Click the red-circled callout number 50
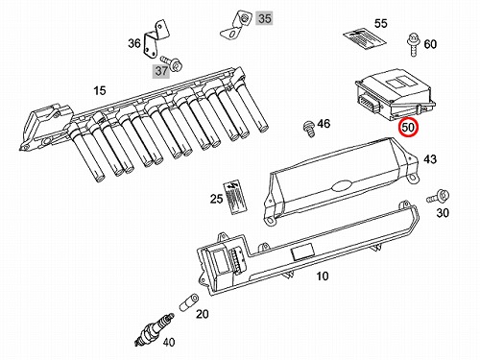click(408, 127)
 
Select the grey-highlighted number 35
click(264, 18)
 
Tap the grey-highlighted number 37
click(161, 71)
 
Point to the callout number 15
click(100, 90)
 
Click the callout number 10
click(323, 276)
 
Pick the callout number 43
click(430, 159)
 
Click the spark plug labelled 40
click(155, 329)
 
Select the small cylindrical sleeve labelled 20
click(188, 301)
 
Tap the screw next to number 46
click(309, 129)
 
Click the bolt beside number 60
click(414, 44)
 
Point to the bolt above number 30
click(438, 197)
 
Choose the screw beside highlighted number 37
click(172, 63)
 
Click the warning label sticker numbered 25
click(234, 198)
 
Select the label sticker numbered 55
click(365, 40)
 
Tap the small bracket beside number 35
click(237, 25)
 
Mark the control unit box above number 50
click(396, 94)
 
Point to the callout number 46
click(324, 123)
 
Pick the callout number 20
click(203, 314)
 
